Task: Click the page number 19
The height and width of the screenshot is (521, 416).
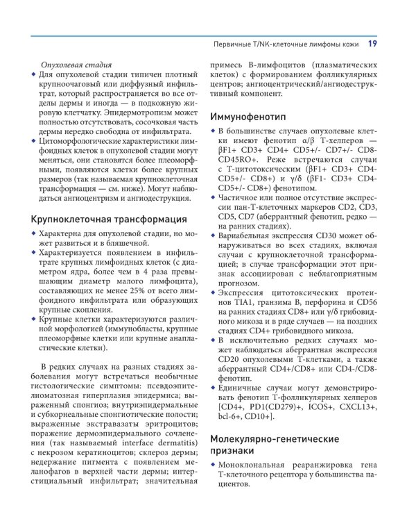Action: coord(372,44)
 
